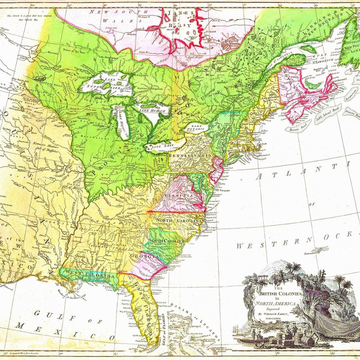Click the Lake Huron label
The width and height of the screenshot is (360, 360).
[152, 110]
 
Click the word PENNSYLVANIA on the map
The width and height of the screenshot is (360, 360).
[189, 155]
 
